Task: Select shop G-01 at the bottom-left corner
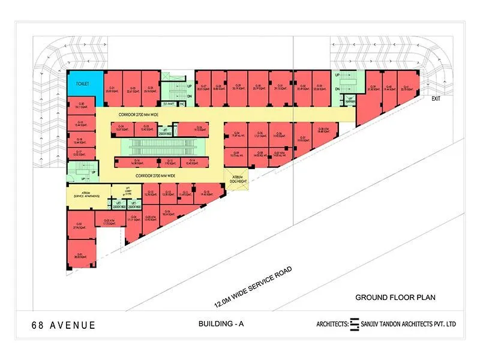79,254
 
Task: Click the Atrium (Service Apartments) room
86,195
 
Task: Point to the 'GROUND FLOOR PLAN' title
395,297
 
